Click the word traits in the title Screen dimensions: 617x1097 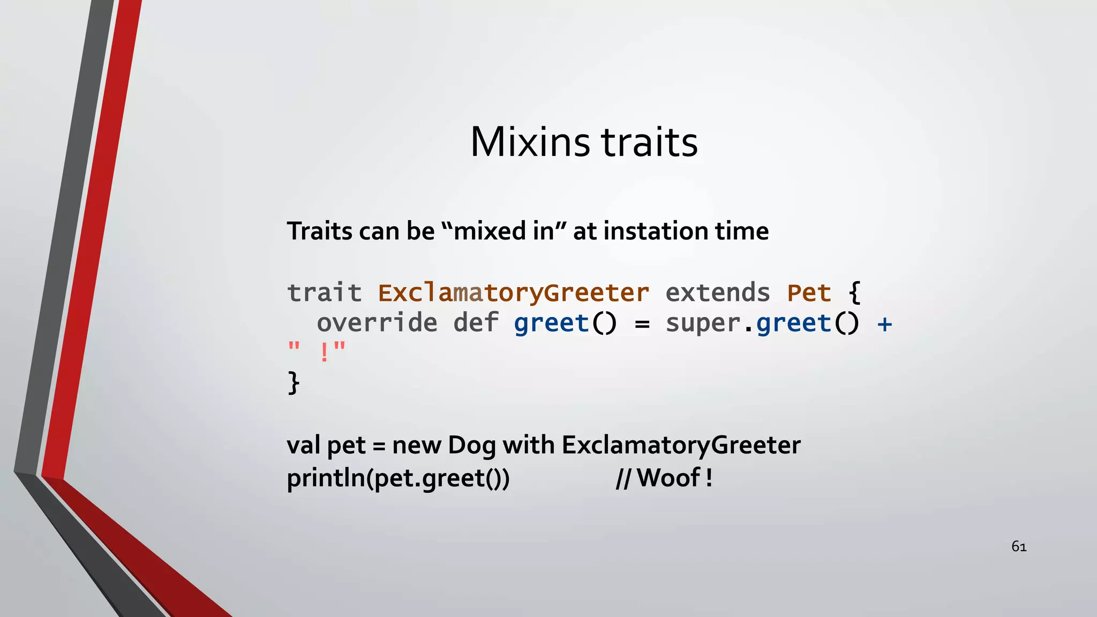(x=649, y=142)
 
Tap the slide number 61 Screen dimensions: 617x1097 (x=1019, y=546)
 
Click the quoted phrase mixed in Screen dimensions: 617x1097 (x=504, y=231)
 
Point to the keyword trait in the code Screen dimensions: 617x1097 (x=325, y=293)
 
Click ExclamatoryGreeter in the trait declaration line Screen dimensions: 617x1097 (x=513, y=293)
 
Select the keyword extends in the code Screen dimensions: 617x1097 (x=718, y=293)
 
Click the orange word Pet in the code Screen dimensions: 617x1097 (x=809, y=293)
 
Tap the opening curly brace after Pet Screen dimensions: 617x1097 (x=855, y=293)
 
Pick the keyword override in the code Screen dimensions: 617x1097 (x=377, y=323)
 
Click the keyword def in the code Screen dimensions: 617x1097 (x=476, y=323)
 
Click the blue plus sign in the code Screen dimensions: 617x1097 (x=884, y=323)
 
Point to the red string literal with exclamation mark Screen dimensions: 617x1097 (x=317, y=352)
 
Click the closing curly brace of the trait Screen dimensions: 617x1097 (x=294, y=382)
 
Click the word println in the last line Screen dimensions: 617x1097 (x=326, y=478)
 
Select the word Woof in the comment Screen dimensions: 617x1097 (x=668, y=478)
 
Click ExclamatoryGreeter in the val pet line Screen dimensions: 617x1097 (x=681, y=446)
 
